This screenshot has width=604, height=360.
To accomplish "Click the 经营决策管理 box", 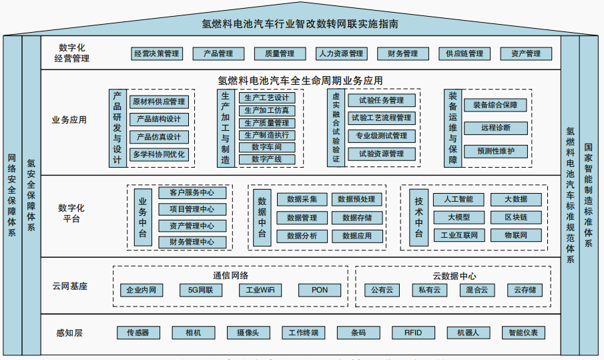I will (157, 53).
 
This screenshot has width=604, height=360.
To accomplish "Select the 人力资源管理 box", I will (340, 53).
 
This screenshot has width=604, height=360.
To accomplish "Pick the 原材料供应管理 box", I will (159, 102).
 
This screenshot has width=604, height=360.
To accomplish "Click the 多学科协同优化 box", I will (159, 154).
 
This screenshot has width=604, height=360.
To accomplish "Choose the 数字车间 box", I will (266, 147).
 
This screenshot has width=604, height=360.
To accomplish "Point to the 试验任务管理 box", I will (381, 101).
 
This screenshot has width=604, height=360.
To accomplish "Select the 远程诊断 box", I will (495, 128).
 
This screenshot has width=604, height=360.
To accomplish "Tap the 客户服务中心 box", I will (192, 193).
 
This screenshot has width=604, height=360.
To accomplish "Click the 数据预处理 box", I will (356, 199).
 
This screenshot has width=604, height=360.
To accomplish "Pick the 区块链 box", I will (516, 218).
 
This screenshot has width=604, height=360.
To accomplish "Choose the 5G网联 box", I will (201, 291).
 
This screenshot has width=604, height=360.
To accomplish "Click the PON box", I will (319, 291).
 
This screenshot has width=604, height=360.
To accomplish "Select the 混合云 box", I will (477, 291).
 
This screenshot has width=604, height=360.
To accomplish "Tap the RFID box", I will (413, 333).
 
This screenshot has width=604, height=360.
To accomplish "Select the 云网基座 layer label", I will (70, 287).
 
